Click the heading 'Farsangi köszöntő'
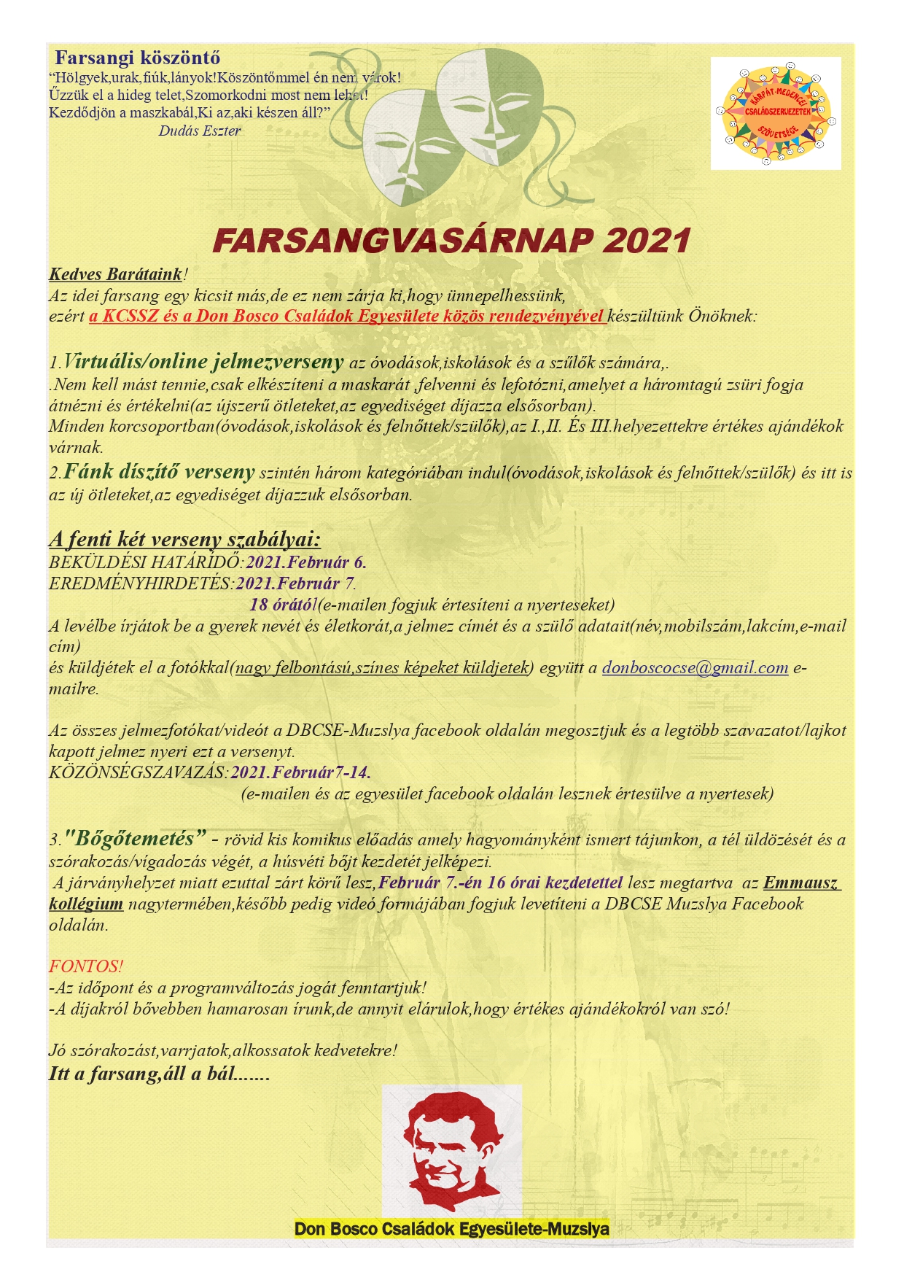[x=137, y=58]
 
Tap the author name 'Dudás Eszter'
[x=199, y=131]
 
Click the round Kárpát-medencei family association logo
[x=775, y=114]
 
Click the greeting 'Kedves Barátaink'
[x=115, y=274]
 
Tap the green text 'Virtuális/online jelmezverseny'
[x=203, y=361]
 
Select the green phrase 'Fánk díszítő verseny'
[x=159, y=472]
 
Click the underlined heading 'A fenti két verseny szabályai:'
[x=184, y=539]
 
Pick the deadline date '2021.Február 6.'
[x=305, y=562]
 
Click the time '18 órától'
[x=282, y=605]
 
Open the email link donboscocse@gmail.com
[x=695, y=667]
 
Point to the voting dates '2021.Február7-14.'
[x=300, y=772]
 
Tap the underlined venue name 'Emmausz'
[x=801, y=883]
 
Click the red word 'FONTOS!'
[x=86, y=966]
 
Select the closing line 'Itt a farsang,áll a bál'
[x=159, y=1074]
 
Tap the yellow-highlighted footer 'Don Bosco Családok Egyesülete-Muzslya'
[x=451, y=1228]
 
